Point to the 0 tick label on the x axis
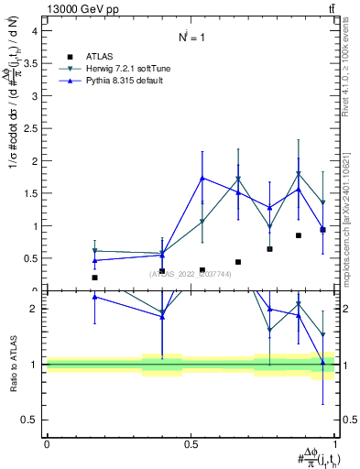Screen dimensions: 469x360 [x=47, y=443]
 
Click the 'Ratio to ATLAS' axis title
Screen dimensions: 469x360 [x=13, y=364]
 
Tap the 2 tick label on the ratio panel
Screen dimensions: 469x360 [x=34, y=309]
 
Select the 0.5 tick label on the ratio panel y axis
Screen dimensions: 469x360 [x=30, y=420]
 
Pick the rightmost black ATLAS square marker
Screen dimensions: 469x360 [x=322, y=230]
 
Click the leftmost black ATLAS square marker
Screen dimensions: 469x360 [x=94, y=278]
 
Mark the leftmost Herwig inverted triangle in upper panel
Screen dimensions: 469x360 [x=94, y=251]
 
